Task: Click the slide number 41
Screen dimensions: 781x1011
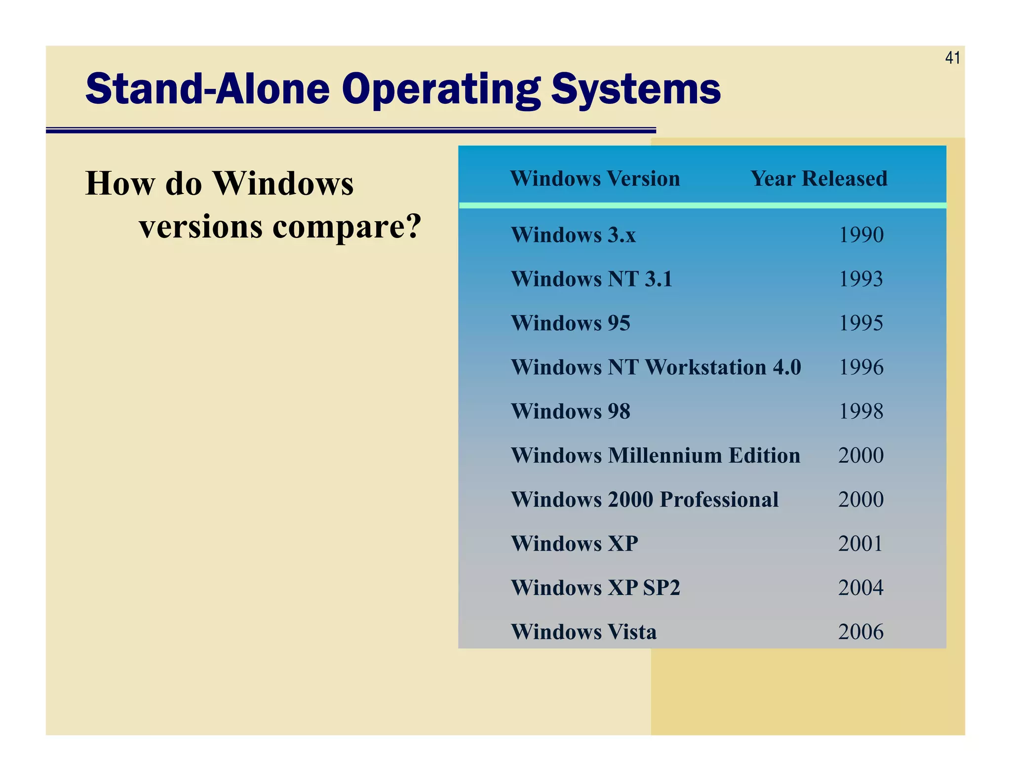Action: (952, 58)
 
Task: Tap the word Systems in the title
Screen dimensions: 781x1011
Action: (635, 89)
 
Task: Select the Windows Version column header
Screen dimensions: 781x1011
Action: (595, 178)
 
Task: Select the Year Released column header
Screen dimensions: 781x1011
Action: (818, 178)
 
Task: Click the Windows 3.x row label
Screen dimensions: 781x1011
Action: (573, 235)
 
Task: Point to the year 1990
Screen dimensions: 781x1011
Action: (861, 235)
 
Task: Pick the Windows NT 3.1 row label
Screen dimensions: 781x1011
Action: (591, 279)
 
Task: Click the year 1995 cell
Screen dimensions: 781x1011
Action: (861, 323)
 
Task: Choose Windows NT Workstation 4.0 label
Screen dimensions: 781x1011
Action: (656, 367)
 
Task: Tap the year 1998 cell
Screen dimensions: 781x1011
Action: (861, 411)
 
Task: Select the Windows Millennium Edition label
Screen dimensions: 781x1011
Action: (656, 455)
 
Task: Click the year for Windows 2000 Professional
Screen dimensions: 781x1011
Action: (861, 500)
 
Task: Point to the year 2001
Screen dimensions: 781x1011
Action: (860, 544)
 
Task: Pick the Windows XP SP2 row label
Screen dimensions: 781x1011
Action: (595, 587)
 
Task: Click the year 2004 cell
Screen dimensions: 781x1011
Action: (861, 587)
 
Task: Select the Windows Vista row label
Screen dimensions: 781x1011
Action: (583, 632)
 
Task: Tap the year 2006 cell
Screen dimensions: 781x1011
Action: (861, 632)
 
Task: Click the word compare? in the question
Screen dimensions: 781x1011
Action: (347, 227)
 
